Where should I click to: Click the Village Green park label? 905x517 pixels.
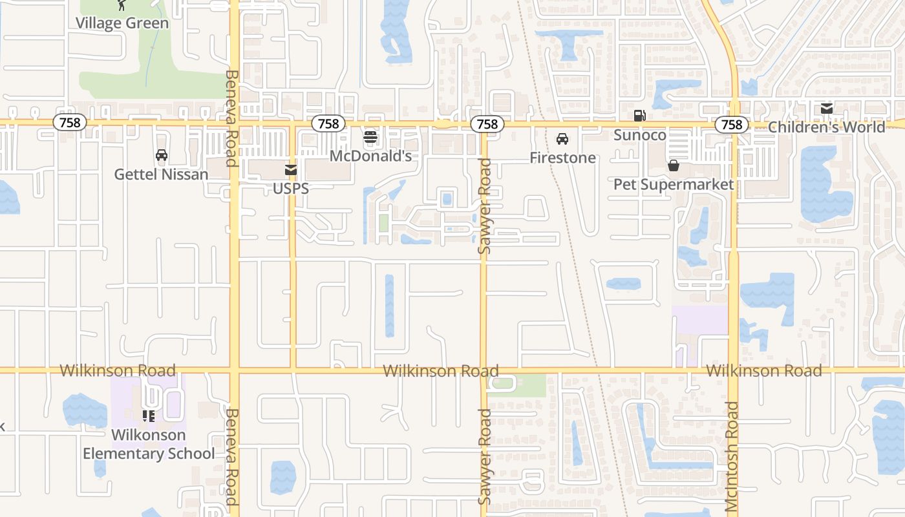click(x=122, y=23)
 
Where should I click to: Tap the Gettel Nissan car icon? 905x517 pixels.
click(x=162, y=155)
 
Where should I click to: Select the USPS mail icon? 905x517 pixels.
click(x=291, y=170)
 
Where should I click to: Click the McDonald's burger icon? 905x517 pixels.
click(x=370, y=136)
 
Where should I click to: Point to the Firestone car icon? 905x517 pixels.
click(x=562, y=138)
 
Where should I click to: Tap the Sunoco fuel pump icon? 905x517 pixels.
click(x=639, y=116)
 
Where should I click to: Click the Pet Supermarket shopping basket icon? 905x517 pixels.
click(x=674, y=166)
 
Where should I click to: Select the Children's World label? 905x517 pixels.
click(x=826, y=127)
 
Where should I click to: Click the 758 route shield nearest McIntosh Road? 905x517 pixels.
click(x=732, y=124)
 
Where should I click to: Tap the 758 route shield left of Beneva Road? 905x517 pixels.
click(x=70, y=123)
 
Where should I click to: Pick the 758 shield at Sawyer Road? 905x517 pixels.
click(x=487, y=124)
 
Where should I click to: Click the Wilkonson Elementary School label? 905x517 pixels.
click(x=149, y=445)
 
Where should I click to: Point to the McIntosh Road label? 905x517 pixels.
click(x=732, y=456)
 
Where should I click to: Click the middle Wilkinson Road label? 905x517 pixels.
click(x=440, y=371)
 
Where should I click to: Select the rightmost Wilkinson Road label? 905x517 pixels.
click(x=763, y=371)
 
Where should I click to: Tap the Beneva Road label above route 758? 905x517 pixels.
click(x=231, y=118)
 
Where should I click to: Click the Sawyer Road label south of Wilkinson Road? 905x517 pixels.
click(x=485, y=456)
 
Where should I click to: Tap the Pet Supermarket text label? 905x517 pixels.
click(x=674, y=185)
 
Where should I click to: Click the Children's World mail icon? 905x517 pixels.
click(x=826, y=109)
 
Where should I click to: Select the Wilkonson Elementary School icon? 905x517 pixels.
click(x=149, y=416)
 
